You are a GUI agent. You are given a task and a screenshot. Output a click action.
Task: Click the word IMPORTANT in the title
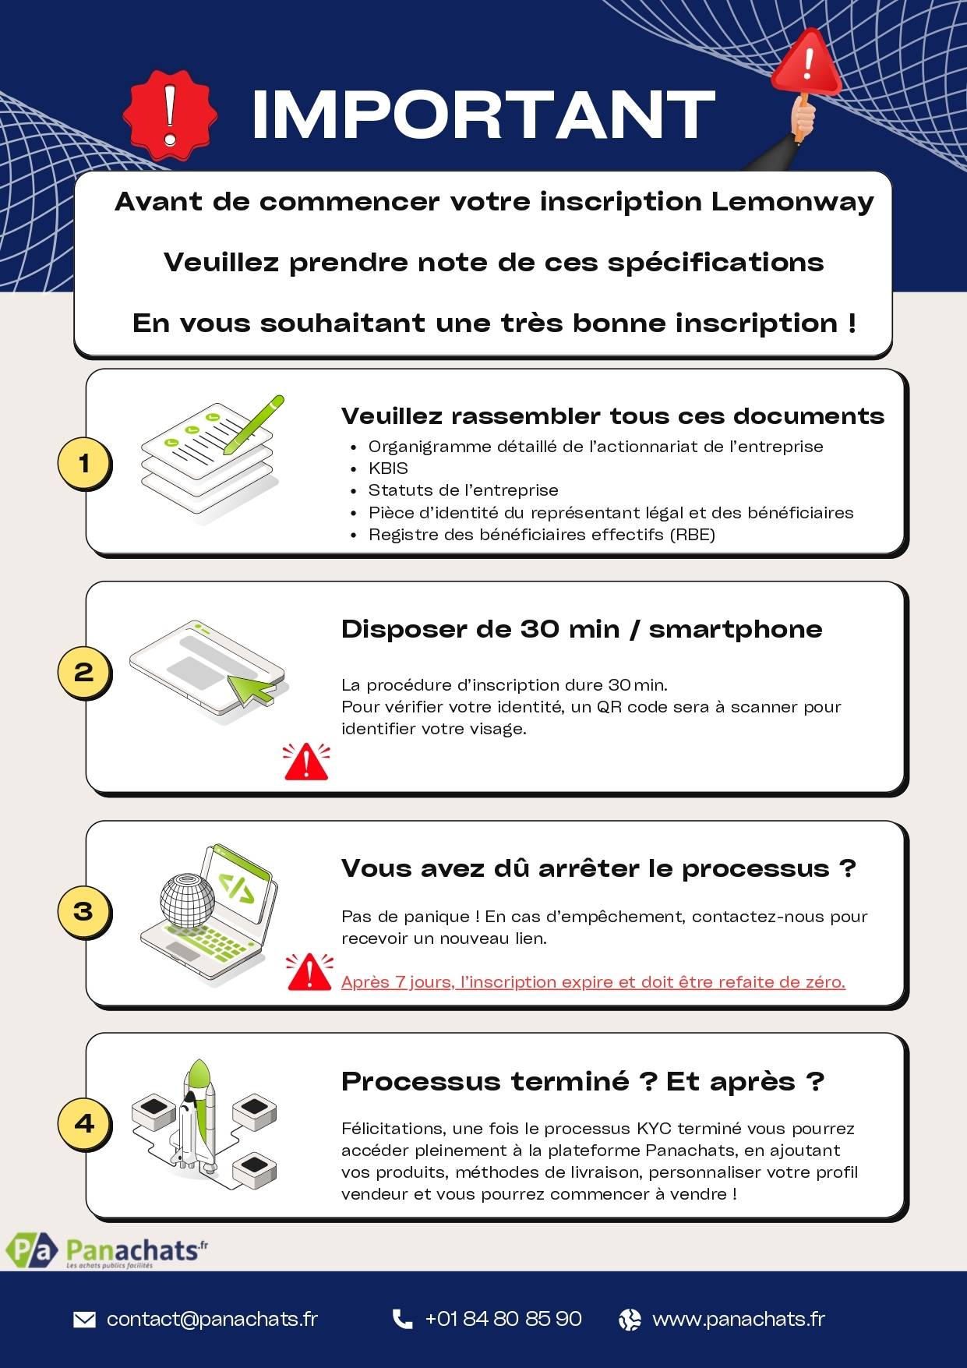[483, 115]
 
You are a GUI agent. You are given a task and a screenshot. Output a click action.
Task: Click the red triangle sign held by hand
[806, 64]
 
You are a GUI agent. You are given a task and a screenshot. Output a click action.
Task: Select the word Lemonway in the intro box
[792, 202]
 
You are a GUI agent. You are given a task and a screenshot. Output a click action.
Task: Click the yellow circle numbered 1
[84, 464]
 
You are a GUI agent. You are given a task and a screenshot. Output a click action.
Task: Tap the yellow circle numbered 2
[84, 673]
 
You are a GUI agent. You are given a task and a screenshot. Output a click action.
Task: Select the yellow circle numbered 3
[84, 911]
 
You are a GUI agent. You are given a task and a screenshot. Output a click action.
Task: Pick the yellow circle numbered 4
[84, 1123]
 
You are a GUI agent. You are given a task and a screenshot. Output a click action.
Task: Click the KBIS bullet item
[388, 468]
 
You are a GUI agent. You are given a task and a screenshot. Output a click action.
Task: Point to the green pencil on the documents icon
[254, 424]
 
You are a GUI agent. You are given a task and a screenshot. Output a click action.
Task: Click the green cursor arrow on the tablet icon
[251, 686]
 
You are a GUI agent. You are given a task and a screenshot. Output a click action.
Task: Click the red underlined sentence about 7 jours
[593, 982]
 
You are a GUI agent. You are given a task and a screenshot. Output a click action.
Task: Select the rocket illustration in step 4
[196, 1115]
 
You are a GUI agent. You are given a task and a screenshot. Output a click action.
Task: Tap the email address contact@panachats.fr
[212, 1319]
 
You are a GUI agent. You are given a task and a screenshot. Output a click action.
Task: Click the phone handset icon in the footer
[402, 1319]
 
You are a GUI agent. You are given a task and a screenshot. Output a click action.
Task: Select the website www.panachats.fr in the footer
[738, 1319]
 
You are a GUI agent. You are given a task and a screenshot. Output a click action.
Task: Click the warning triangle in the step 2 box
[306, 762]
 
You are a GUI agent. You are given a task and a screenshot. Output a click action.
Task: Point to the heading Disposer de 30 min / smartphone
[581, 629]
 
